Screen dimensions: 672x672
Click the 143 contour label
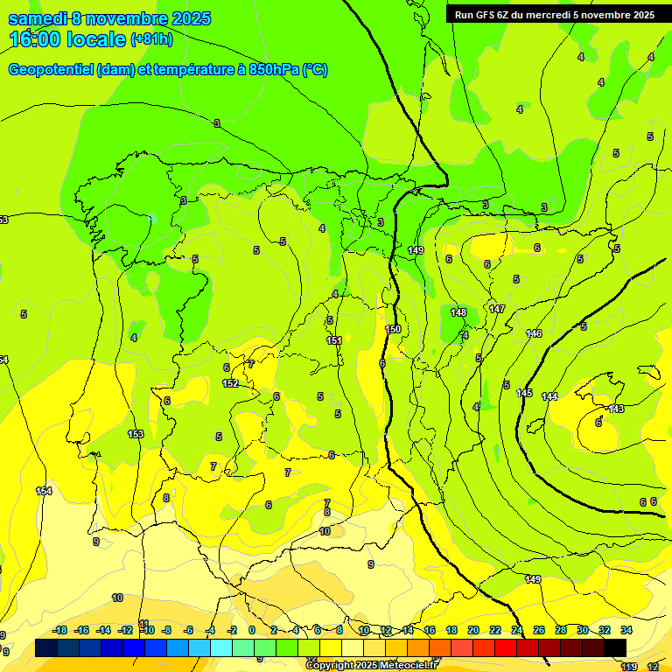point(616,409)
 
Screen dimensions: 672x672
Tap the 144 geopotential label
point(549,397)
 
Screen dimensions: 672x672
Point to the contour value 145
point(524,393)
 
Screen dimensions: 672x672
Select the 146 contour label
point(534,333)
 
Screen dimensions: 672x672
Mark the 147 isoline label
point(497,310)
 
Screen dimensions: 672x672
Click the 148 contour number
point(458,312)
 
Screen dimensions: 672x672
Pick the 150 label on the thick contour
point(393,329)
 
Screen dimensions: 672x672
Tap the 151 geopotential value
point(333,340)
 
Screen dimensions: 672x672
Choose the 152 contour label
point(230,383)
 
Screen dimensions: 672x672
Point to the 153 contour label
point(136,434)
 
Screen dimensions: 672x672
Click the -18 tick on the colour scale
point(59,630)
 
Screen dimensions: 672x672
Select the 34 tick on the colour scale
point(626,630)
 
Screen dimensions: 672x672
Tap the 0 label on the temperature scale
point(252,630)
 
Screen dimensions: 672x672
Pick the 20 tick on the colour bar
point(472,630)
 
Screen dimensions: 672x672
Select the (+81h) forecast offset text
point(151,39)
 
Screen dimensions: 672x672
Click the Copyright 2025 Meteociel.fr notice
point(370,665)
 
